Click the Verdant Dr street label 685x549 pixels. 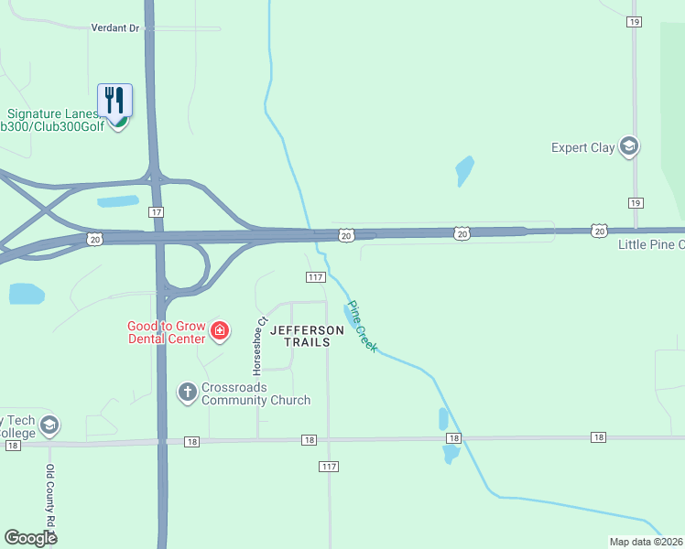pyautogui.click(x=114, y=28)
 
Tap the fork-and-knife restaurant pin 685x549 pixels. pyautogui.click(x=115, y=100)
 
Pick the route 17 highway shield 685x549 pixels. pyautogui.click(x=157, y=212)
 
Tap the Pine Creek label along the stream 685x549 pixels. pyautogui.click(x=362, y=327)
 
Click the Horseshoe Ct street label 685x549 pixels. pyautogui.click(x=260, y=347)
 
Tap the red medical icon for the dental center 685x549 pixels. pyautogui.click(x=219, y=330)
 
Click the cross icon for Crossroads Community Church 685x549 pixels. pyautogui.click(x=187, y=393)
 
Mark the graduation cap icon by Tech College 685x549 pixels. pyautogui.click(x=49, y=425)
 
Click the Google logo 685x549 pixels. pyautogui.click(x=30, y=538)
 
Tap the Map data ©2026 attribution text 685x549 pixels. pyautogui.click(x=647, y=542)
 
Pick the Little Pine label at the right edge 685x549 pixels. pyautogui.click(x=651, y=244)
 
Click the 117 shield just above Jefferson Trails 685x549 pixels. pyautogui.click(x=315, y=277)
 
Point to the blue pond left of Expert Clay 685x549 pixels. pyautogui.click(x=464, y=171)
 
